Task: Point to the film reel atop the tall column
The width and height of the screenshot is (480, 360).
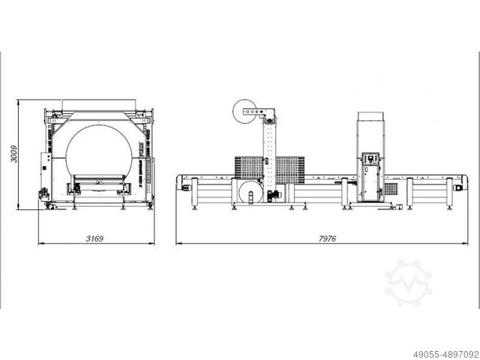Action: [246, 113]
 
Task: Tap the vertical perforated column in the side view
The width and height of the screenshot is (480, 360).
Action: [267, 161]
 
